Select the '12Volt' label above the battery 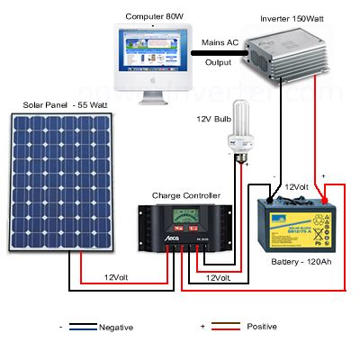click(298, 187)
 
